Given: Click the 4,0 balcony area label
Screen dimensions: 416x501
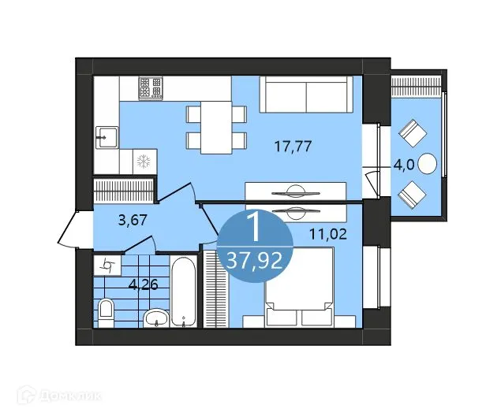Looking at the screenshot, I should [x=405, y=165].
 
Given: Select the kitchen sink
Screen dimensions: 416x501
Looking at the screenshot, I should [x=106, y=137].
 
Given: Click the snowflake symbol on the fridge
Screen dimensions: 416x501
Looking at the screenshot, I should [x=144, y=162].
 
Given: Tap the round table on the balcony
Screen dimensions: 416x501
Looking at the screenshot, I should [x=428, y=164].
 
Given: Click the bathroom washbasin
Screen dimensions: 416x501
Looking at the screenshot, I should [x=156, y=318].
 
